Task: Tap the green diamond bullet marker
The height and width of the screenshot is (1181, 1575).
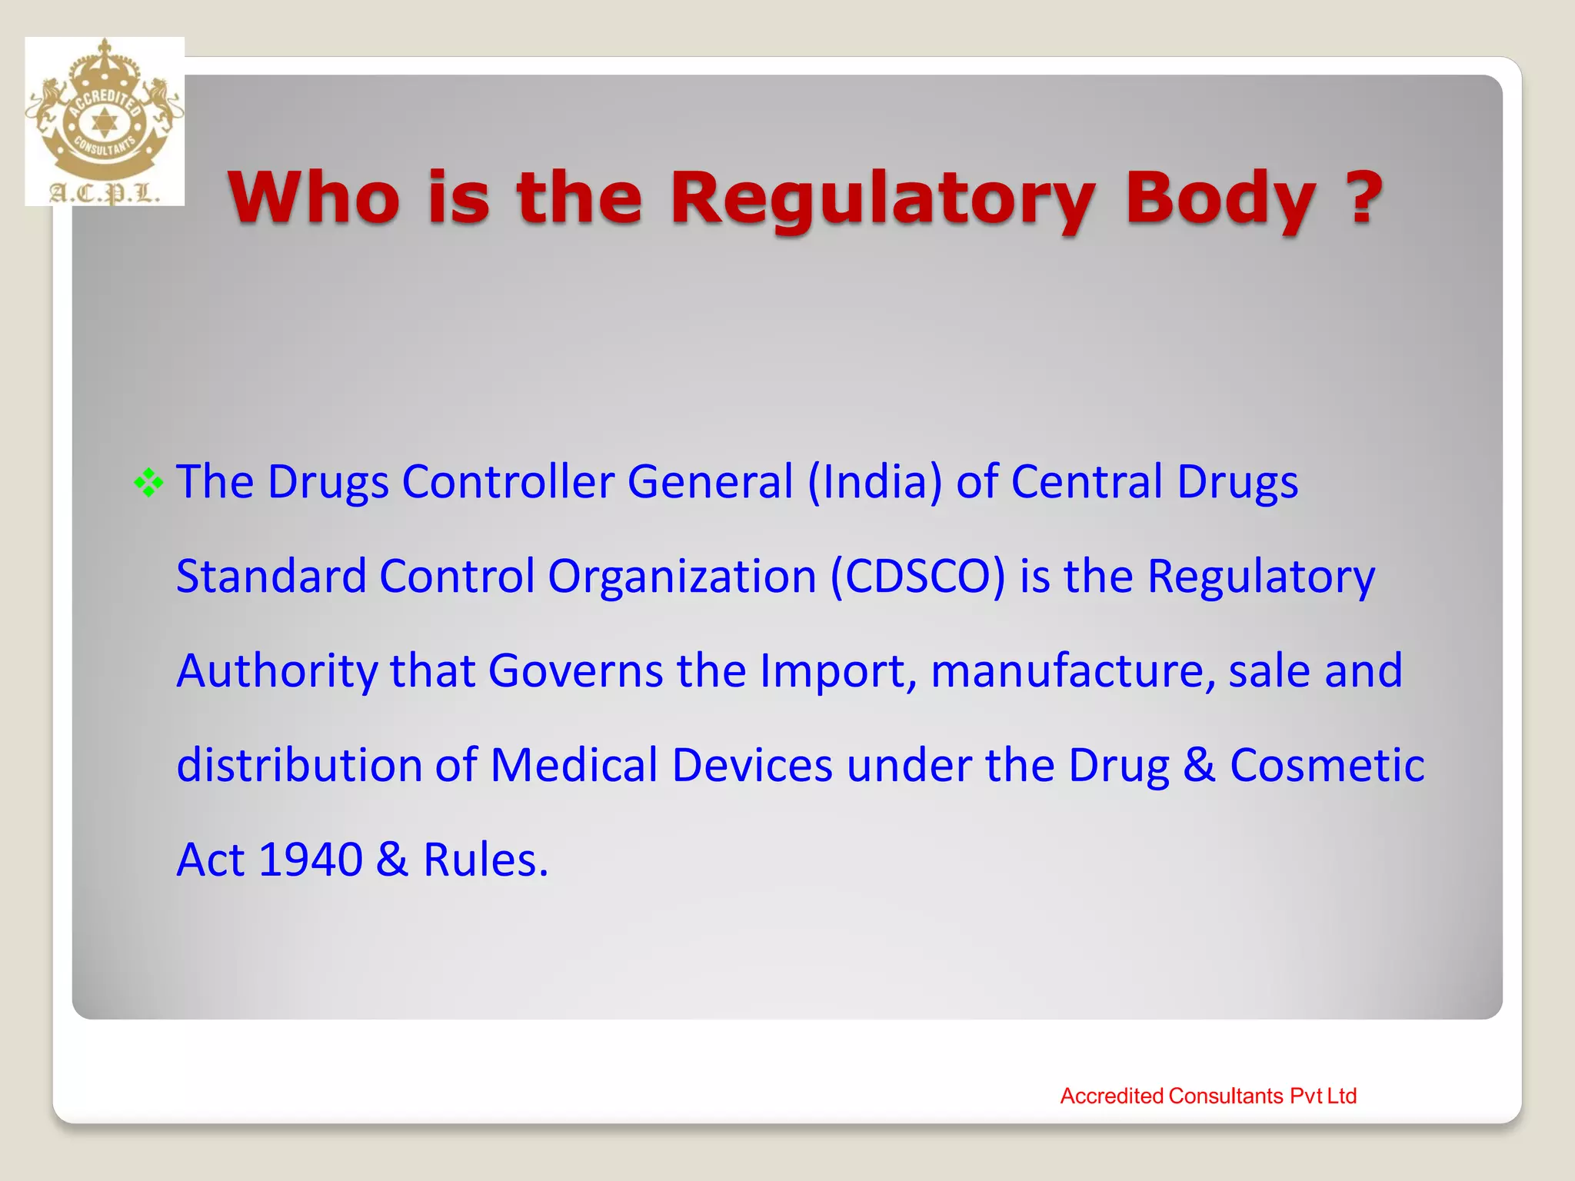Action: coord(148,483)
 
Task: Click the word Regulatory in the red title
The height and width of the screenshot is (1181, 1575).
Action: coord(883,198)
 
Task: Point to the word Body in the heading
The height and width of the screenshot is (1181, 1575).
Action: coord(1220,198)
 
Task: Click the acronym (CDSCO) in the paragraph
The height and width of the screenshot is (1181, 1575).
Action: coord(917,576)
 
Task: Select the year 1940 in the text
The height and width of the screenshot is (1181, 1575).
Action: coord(310,859)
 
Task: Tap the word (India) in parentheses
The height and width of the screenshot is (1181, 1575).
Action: coord(874,481)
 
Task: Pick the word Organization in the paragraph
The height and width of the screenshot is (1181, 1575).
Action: coord(681,576)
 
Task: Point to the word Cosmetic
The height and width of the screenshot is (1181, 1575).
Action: coord(1327,765)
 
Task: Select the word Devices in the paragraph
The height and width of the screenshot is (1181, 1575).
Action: coord(752,765)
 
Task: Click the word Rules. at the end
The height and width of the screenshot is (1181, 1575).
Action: coord(485,859)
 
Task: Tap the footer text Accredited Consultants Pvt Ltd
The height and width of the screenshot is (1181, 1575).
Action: coord(1207,1096)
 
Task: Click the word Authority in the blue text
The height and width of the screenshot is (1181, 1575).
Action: coord(277,670)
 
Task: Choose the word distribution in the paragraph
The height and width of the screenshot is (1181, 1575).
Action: coord(299,765)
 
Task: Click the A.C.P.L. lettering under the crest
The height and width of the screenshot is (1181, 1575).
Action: coord(105,192)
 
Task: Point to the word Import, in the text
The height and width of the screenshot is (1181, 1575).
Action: coord(838,670)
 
